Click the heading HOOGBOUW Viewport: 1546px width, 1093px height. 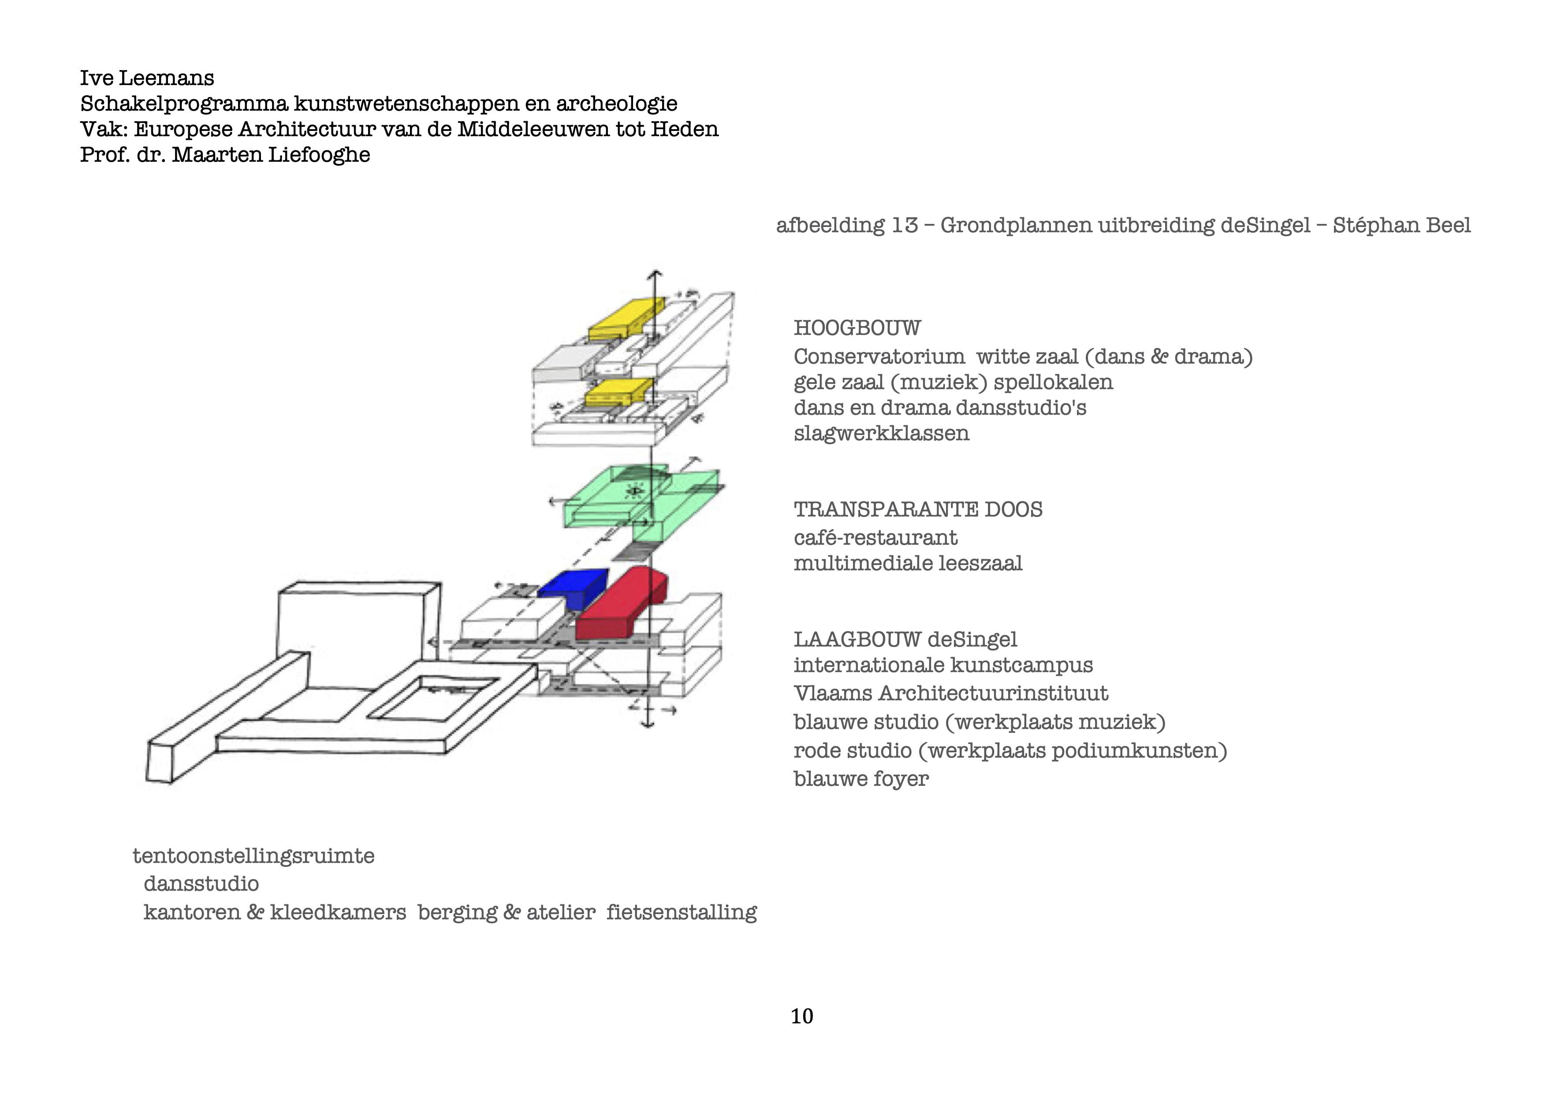857,328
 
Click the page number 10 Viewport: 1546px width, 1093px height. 801,1016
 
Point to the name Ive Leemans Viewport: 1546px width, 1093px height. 147,78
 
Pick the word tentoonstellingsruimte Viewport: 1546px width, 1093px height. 253,856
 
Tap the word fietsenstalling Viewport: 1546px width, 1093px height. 682,913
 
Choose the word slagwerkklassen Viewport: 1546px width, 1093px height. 881,433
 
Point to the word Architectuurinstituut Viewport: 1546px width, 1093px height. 993,693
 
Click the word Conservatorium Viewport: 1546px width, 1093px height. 879,357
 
